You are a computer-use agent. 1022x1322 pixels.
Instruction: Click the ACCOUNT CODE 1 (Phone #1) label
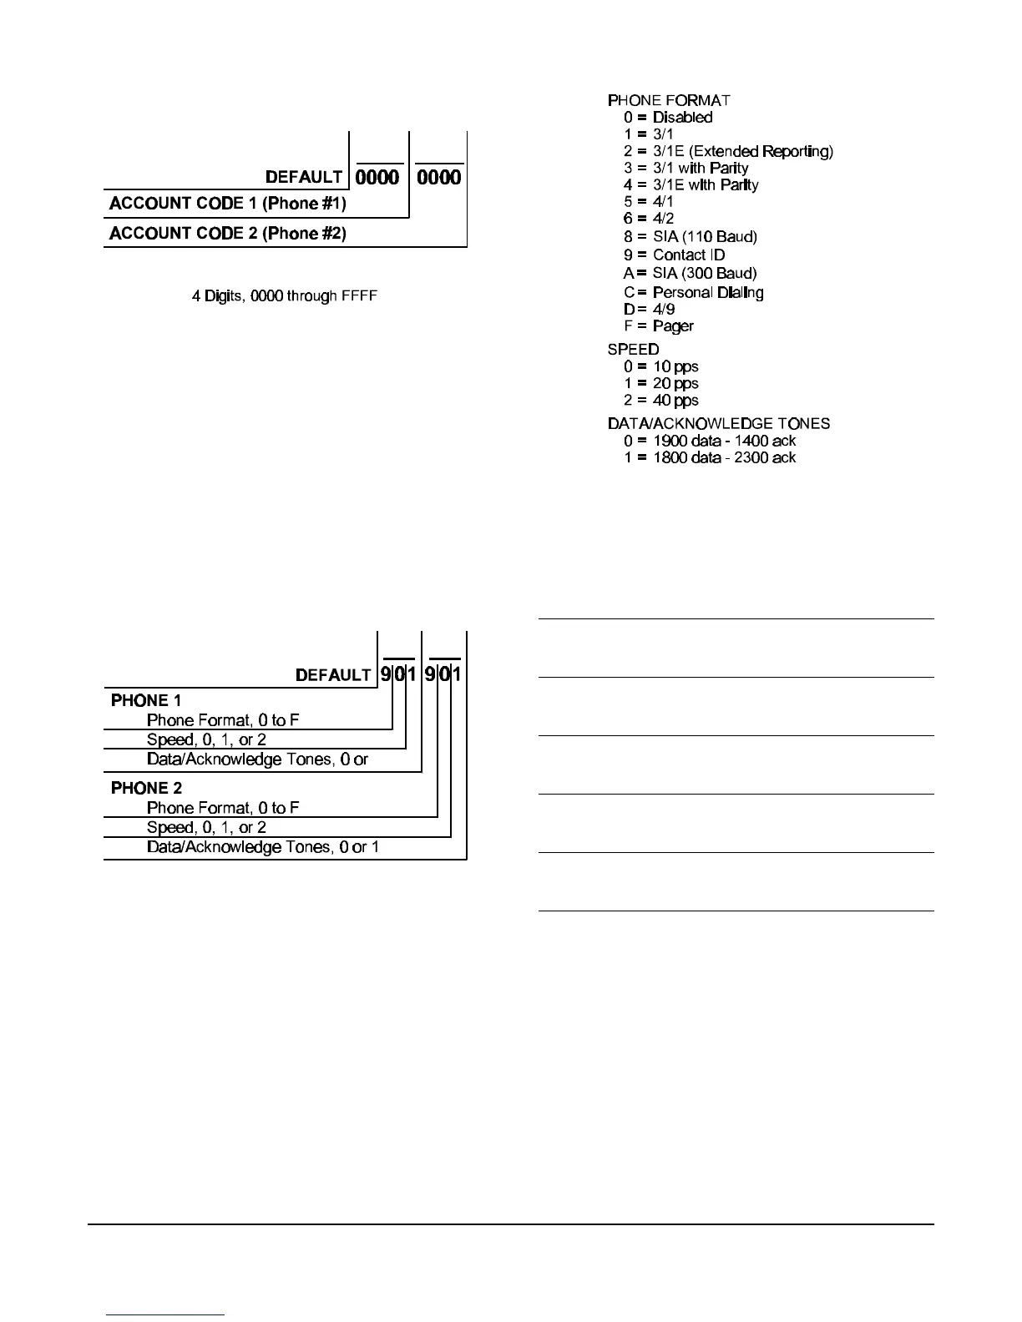tap(228, 204)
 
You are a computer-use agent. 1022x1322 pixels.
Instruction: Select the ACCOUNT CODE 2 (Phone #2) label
tap(228, 234)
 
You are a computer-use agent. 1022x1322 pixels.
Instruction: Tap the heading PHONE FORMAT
tap(669, 100)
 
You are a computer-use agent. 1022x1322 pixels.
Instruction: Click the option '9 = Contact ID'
tap(675, 255)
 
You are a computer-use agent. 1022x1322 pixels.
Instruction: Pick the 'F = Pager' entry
tap(659, 326)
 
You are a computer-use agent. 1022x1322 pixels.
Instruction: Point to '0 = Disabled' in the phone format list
tap(668, 118)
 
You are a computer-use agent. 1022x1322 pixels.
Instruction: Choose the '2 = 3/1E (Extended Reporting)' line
tap(728, 152)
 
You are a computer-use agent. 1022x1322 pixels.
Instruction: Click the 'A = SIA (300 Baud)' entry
tap(691, 274)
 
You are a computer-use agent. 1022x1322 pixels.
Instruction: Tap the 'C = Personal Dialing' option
tap(694, 293)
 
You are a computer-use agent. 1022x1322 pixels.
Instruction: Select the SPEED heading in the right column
tap(633, 350)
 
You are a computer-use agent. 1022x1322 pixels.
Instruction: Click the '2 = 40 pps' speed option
tap(661, 401)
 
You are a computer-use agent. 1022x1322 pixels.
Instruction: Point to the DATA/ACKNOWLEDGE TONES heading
tap(718, 424)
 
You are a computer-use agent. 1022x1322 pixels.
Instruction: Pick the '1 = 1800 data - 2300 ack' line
tap(710, 457)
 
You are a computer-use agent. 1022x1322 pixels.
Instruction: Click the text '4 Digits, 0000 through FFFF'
tap(285, 296)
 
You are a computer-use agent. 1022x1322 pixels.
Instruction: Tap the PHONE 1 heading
tap(146, 701)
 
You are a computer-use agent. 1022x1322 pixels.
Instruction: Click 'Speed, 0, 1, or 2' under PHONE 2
tap(206, 828)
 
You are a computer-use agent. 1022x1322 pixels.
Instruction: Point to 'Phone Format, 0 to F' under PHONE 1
tap(223, 720)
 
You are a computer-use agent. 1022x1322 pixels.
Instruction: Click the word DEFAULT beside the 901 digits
tap(333, 675)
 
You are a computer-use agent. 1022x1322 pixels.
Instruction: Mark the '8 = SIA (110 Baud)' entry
tap(691, 237)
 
